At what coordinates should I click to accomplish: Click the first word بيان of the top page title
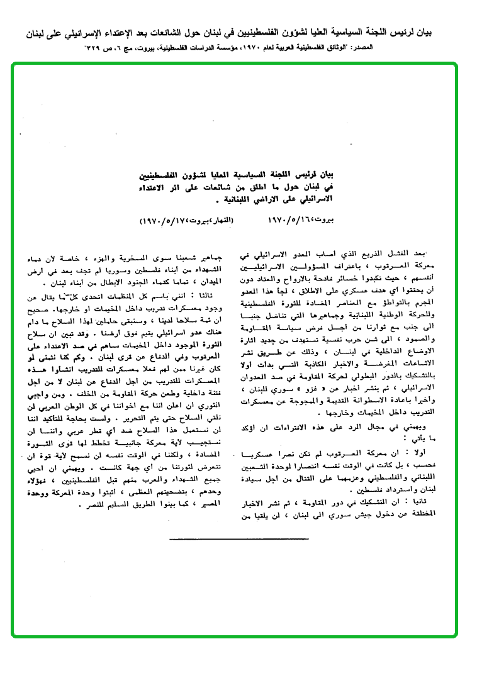461,31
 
